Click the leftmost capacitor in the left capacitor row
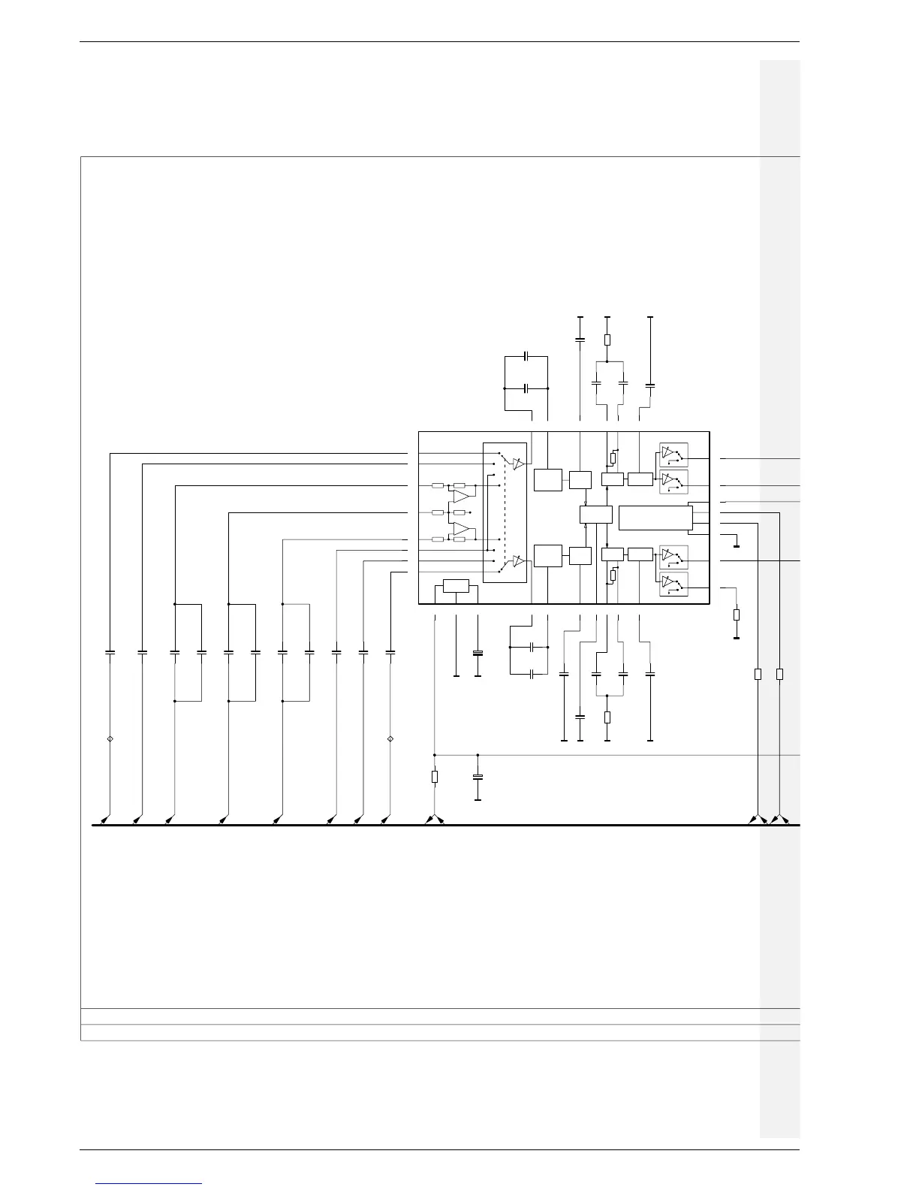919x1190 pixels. tap(110, 653)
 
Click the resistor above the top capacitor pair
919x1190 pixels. tap(607, 340)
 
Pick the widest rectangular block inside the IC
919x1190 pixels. tap(655, 518)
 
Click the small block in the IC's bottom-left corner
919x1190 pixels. tap(456, 586)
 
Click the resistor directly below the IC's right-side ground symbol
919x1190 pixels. tap(737, 615)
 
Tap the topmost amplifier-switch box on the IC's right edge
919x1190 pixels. tap(673, 455)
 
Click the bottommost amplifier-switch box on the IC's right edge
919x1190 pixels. tap(673, 584)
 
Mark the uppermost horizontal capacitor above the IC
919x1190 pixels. tap(526, 355)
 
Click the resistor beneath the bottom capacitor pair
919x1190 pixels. tap(607, 717)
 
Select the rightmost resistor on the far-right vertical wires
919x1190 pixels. tap(779, 674)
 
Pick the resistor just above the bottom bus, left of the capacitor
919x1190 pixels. tap(435, 777)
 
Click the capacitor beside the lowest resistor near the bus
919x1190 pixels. tap(478, 776)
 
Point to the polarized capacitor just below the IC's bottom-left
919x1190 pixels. tap(478, 653)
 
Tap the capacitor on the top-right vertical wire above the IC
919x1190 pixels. tap(650, 385)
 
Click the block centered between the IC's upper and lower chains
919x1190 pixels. tap(596, 515)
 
